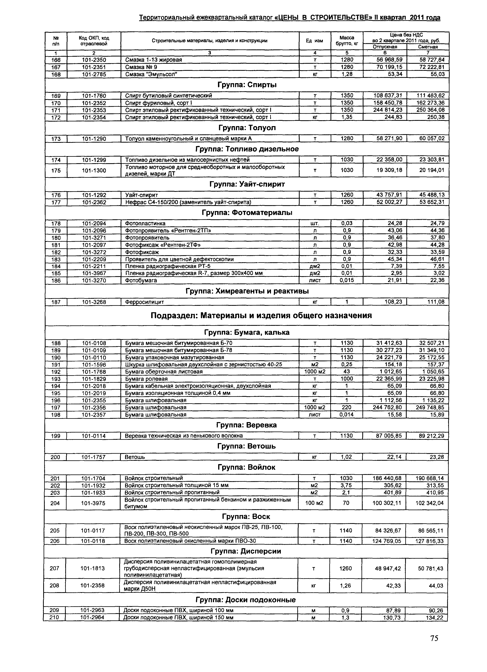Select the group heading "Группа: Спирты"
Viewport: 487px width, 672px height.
click(x=247, y=85)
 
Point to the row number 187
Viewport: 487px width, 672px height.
click(x=56, y=302)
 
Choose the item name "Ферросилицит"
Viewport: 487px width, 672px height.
click(x=145, y=302)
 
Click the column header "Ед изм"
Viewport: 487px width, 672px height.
click(x=314, y=41)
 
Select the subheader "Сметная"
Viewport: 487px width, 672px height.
click(x=428, y=47)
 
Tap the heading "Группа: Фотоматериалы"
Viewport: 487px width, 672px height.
click(x=247, y=213)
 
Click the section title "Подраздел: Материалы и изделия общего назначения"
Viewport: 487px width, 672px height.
click(x=261, y=316)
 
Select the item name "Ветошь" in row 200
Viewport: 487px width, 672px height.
click(x=135, y=457)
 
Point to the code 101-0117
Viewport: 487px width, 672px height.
click(x=93, y=530)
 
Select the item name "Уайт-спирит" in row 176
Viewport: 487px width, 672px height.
click(x=141, y=195)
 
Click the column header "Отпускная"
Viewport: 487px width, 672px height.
click(x=385, y=47)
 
